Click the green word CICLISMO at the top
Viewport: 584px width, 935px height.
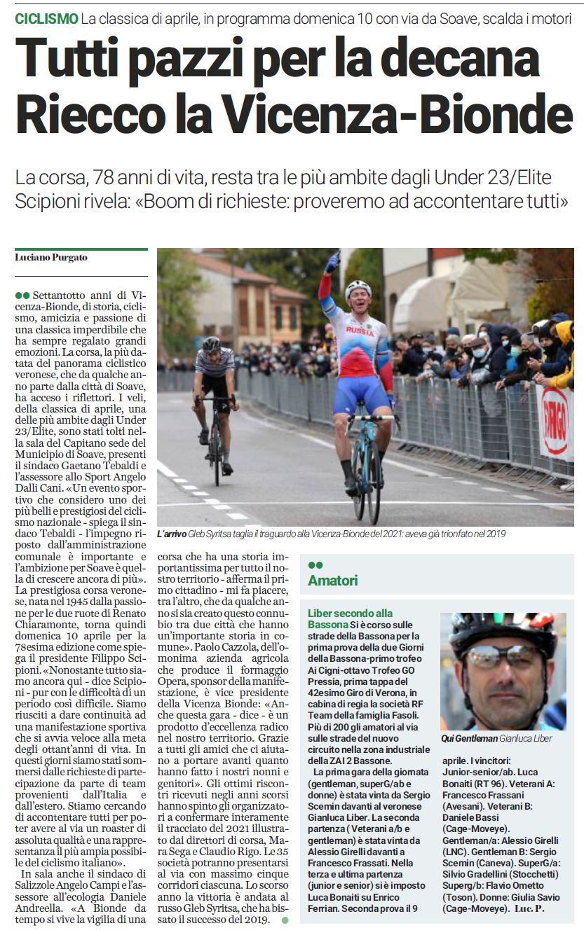[x=46, y=19]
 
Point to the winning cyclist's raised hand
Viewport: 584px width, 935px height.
[x=332, y=263]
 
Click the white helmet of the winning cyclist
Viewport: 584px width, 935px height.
[x=358, y=288]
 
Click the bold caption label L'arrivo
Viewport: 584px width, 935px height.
[x=172, y=534]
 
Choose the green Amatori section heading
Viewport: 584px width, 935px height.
[x=333, y=581]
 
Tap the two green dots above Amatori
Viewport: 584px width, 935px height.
[x=315, y=565]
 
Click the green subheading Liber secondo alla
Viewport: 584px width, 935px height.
[x=351, y=614]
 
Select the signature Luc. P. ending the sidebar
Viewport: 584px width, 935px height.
[x=529, y=908]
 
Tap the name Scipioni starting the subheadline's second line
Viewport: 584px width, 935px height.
[x=47, y=203]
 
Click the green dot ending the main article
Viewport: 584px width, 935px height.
[x=285, y=920]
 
